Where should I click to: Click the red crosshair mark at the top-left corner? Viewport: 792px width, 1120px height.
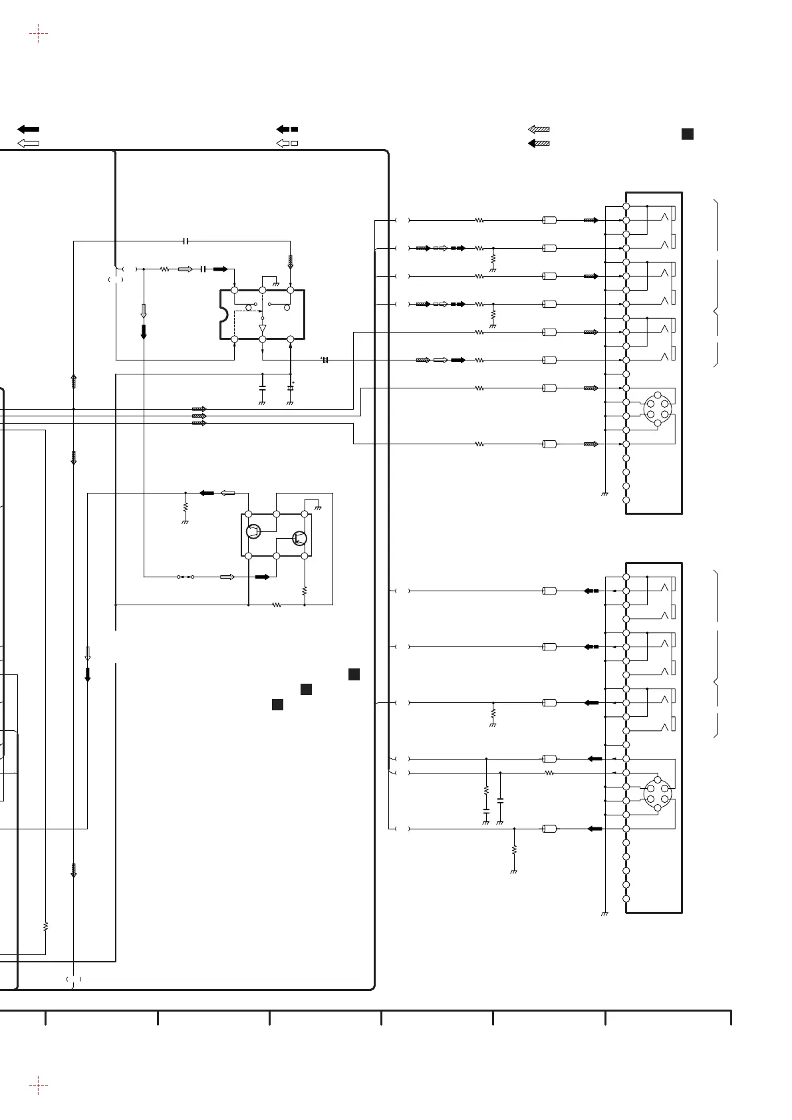point(39,33)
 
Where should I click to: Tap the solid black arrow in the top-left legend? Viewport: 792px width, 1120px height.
point(29,129)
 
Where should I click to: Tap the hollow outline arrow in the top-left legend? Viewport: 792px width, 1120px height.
point(29,143)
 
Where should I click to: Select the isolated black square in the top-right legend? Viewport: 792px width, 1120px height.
point(688,134)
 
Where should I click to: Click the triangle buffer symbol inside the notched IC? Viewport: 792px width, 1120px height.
point(262,329)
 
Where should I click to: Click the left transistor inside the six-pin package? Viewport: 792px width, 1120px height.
point(253,531)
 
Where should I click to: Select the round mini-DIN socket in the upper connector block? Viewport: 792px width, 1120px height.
point(657,409)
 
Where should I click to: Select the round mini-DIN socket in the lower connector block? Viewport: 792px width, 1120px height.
point(657,793)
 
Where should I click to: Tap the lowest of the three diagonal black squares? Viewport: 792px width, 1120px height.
point(278,704)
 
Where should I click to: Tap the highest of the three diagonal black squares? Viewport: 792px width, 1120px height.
point(354,674)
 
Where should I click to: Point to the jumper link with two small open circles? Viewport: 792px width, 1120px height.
point(186,577)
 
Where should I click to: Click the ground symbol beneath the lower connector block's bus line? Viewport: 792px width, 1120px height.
point(604,914)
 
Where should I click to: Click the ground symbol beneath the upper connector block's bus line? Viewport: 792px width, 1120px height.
point(604,495)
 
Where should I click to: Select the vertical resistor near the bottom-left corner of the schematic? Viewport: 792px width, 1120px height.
point(45,926)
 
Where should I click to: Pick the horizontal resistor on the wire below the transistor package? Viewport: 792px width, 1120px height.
point(277,605)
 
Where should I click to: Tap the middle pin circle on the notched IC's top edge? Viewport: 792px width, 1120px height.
point(262,291)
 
